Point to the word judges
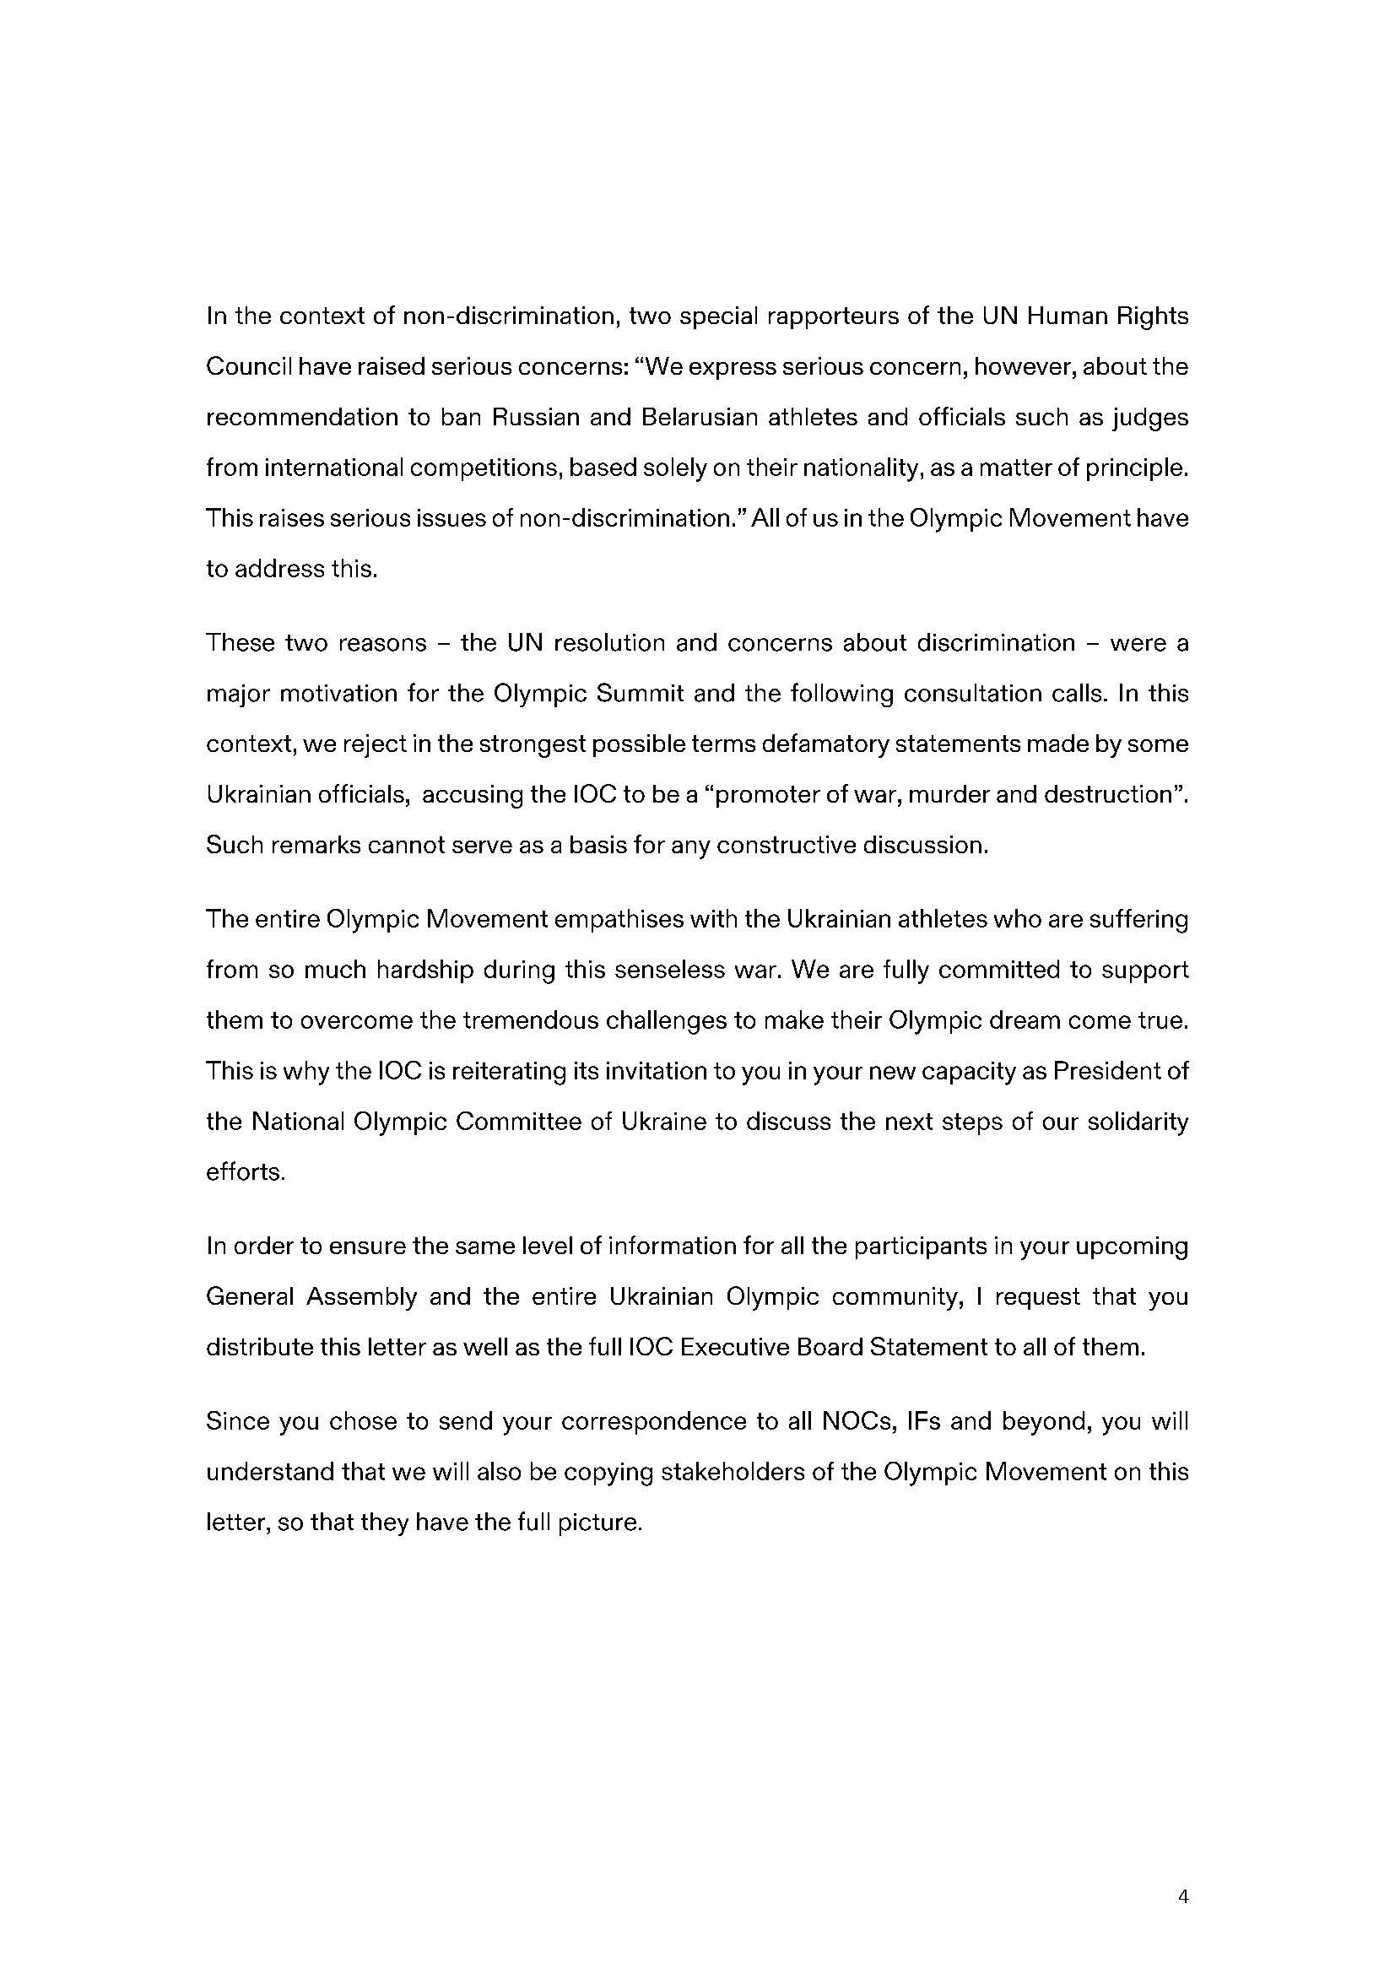click(1150, 418)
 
